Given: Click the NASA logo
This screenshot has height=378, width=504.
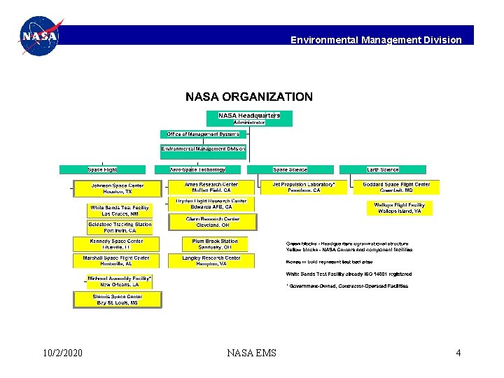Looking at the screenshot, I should pos(39,36).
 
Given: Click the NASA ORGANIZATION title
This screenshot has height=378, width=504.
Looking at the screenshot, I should pos(249,97).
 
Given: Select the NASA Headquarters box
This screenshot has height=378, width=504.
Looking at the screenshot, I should pos(249,118).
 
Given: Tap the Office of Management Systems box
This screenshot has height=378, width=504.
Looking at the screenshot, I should pos(203,134).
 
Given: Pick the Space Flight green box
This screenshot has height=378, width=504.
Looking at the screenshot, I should pos(102,169).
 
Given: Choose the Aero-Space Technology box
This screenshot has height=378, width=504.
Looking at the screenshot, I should pos(198,169).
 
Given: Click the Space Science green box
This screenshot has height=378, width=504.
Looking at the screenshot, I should pos(290,169).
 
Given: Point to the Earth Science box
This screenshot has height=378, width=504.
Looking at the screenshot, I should pos(382,169).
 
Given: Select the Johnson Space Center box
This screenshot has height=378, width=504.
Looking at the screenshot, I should pos(117,188).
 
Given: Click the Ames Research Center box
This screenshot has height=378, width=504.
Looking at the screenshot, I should pos(211,188).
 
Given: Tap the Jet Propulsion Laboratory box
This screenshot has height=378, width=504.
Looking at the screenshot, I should pos(304,188).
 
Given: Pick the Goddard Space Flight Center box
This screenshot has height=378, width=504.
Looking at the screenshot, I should pos(396,188).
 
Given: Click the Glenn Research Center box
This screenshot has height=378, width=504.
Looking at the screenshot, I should pos(213,222).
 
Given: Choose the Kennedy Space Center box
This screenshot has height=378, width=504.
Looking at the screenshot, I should pos(116,244).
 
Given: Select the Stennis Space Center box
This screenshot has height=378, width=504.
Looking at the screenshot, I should pos(118,300).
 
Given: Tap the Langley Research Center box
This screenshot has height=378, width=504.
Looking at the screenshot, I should pos(211,260).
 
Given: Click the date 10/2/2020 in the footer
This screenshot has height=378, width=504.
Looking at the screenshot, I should pos(62,353).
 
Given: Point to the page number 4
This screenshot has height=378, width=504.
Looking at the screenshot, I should pos(458,353).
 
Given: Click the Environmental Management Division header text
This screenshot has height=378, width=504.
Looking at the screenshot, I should pos(376,40).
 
